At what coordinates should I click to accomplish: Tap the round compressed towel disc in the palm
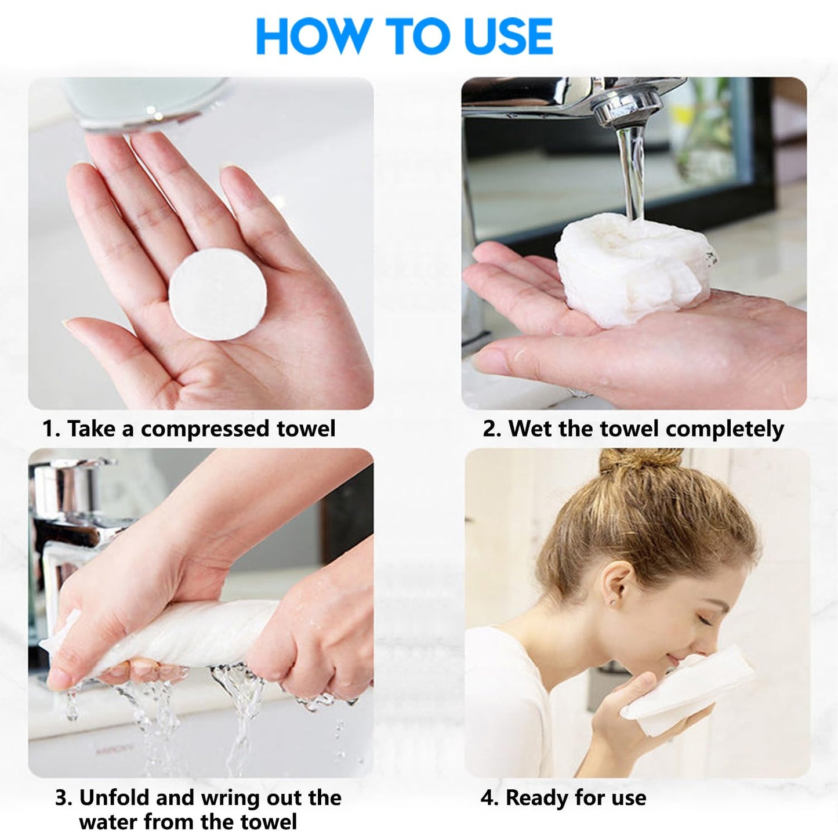[217, 293]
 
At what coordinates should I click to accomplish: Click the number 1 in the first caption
[49, 429]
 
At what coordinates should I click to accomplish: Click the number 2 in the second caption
[490, 429]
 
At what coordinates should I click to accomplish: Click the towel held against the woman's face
[690, 690]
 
